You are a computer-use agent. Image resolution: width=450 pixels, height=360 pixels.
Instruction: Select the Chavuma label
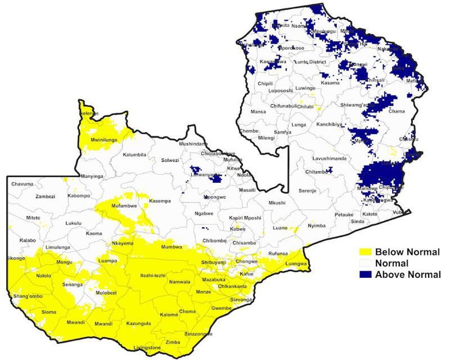22,184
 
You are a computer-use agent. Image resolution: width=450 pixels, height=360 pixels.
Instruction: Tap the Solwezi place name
170,160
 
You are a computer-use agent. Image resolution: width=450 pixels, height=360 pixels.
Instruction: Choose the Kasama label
330,83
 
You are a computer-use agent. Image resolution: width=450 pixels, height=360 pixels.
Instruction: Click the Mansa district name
258,112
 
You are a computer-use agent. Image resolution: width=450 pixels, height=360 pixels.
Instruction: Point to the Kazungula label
139,324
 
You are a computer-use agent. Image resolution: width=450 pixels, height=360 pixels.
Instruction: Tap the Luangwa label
296,263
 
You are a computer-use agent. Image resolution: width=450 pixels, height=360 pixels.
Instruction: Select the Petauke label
344,214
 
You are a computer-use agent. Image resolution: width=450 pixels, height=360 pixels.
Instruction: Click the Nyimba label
317,226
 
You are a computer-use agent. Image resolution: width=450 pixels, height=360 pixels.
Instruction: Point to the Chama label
397,111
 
